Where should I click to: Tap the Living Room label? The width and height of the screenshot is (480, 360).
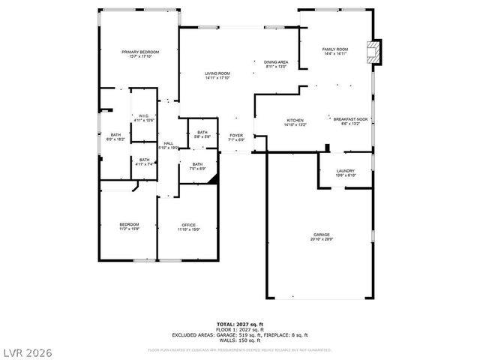(217, 73)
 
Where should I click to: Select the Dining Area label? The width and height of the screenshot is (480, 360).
(276, 61)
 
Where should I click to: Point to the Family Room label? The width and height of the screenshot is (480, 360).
(334, 49)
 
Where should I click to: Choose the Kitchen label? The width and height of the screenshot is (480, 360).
(294, 121)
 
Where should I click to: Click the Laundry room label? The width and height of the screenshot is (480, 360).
(345, 171)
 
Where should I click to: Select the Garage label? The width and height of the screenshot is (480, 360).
(321, 235)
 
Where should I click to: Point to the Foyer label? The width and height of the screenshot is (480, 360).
(236, 136)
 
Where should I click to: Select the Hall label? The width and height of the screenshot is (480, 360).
(169, 143)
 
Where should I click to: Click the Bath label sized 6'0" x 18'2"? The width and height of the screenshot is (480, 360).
(115, 135)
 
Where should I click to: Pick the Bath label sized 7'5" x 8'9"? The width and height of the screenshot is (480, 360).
(196, 164)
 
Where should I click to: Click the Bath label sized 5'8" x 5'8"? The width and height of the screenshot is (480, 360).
(202, 132)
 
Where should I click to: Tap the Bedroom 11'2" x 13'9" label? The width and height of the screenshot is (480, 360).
(129, 225)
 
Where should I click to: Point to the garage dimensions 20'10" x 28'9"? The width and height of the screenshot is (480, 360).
(321, 239)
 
